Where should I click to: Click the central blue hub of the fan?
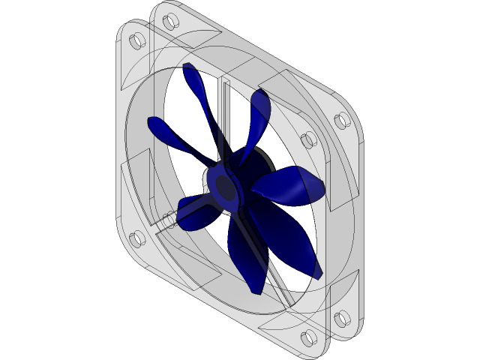coord(224,187)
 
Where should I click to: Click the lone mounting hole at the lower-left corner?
coord(136,240)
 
